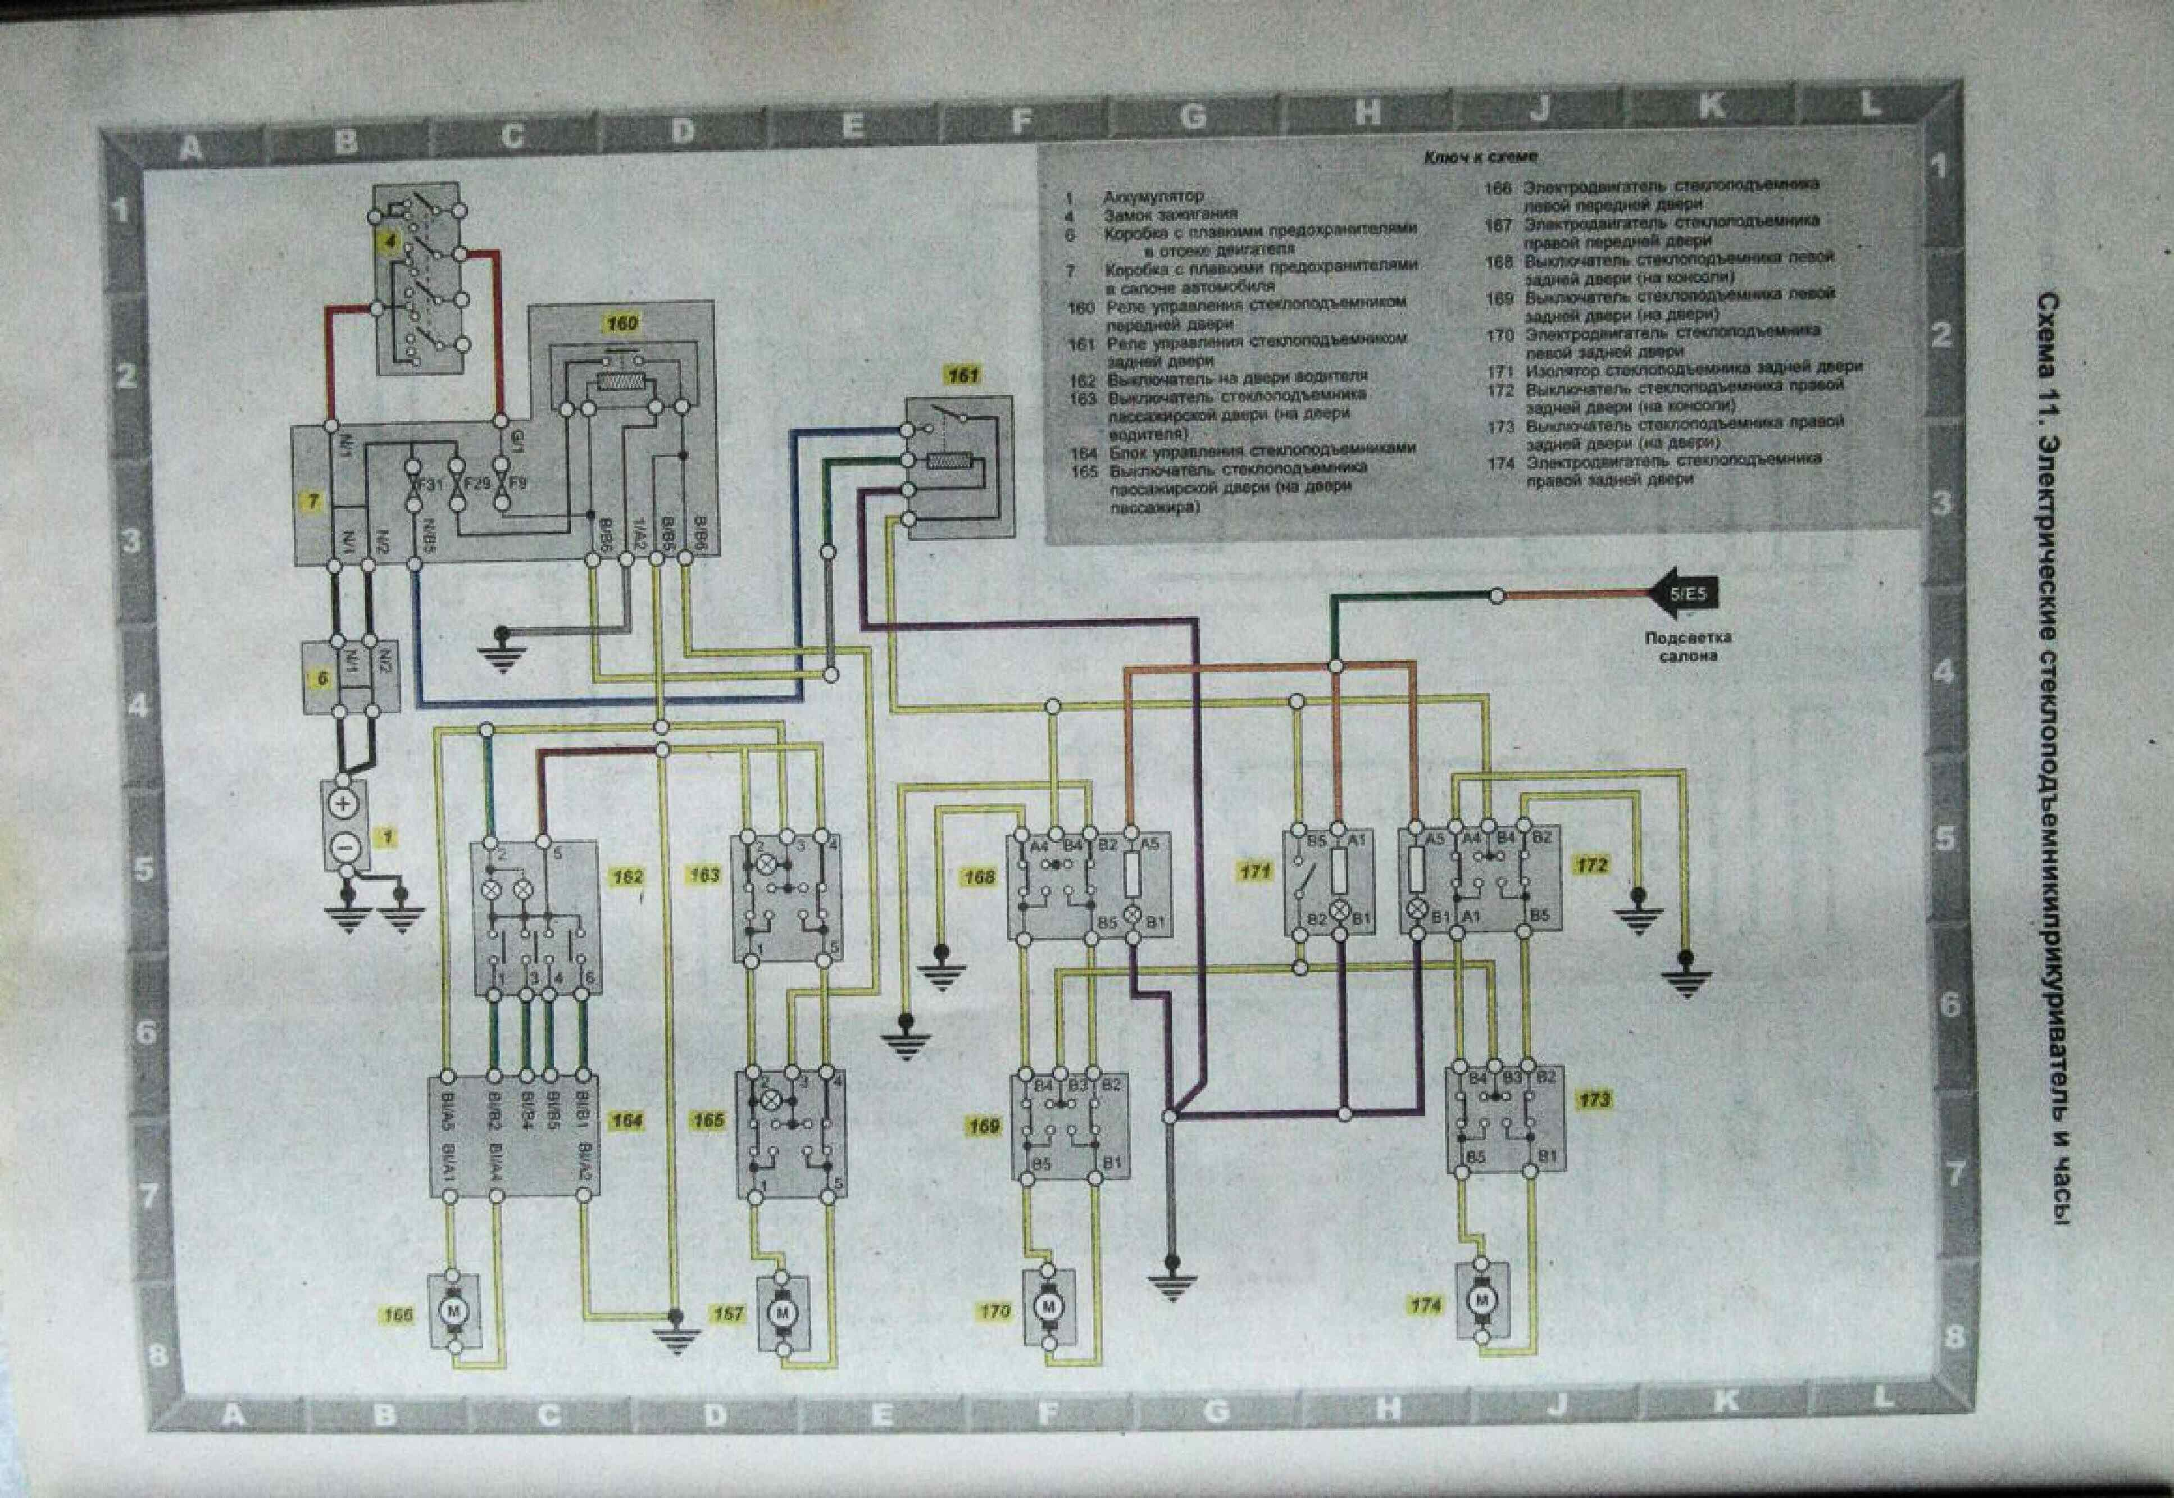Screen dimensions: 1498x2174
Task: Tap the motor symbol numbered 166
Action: point(454,1308)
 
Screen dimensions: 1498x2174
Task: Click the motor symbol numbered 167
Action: point(784,1310)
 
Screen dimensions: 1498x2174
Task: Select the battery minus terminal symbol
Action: point(344,848)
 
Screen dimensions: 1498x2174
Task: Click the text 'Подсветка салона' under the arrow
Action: point(1687,646)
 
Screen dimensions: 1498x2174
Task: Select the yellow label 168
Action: point(978,877)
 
